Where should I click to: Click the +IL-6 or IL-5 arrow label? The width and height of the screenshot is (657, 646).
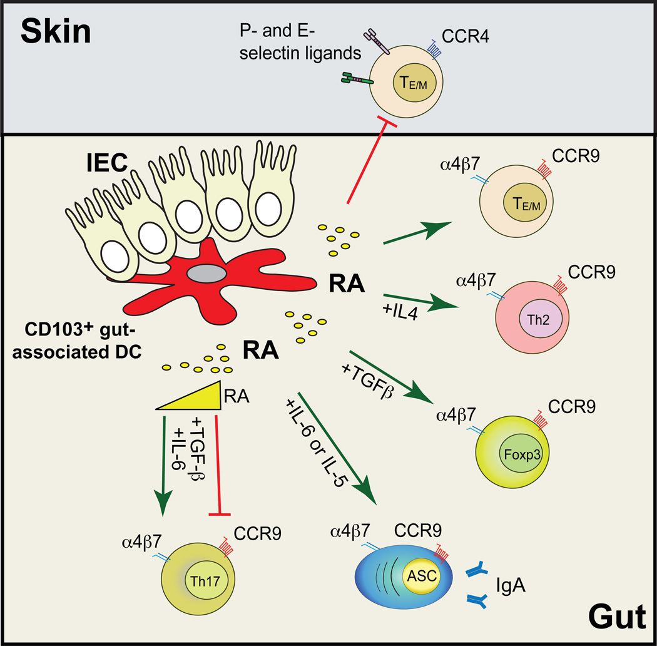coord(317,442)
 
